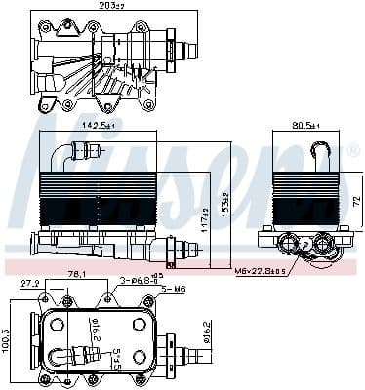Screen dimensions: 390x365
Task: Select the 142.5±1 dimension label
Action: click(98, 127)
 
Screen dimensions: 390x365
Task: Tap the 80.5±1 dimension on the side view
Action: click(306, 127)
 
